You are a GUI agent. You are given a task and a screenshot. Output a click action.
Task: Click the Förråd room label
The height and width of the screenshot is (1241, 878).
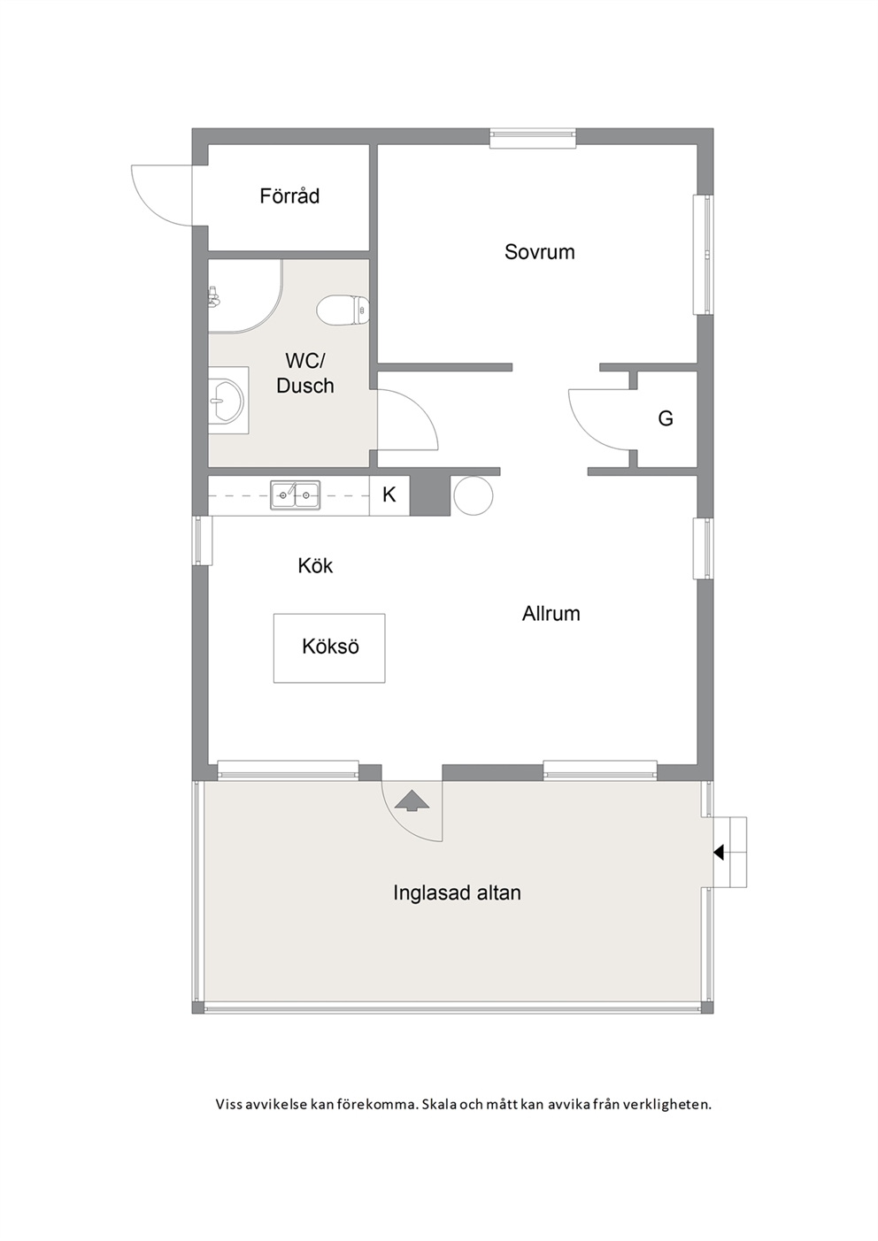(x=289, y=196)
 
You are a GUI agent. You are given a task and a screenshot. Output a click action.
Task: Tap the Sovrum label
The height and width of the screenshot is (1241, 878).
(x=539, y=252)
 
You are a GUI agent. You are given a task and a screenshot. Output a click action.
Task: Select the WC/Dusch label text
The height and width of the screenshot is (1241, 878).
(x=304, y=373)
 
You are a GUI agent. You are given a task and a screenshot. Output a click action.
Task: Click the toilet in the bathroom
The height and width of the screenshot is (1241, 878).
(x=343, y=309)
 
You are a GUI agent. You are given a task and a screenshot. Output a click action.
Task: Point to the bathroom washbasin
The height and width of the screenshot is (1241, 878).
(x=227, y=400)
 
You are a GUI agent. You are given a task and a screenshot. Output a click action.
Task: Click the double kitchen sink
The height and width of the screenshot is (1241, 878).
(x=295, y=494)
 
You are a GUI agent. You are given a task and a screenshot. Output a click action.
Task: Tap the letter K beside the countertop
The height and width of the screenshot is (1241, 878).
(x=389, y=494)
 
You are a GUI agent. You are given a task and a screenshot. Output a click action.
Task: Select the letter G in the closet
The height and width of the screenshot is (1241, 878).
(x=666, y=418)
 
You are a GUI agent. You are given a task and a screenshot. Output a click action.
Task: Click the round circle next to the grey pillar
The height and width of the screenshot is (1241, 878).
(x=473, y=496)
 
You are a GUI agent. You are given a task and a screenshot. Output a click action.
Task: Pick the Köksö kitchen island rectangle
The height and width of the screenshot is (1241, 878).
(x=329, y=647)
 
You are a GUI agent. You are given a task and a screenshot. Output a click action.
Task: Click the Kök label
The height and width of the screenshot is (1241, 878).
(x=315, y=565)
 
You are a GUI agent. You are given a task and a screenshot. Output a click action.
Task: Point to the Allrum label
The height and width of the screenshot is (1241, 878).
(x=551, y=614)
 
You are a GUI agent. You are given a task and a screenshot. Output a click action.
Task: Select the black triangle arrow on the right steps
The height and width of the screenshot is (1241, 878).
(x=719, y=852)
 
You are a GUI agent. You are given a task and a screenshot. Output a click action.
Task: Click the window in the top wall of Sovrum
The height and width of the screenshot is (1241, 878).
(x=533, y=139)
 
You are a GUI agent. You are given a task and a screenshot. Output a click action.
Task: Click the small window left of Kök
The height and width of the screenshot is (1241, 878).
(x=202, y=540)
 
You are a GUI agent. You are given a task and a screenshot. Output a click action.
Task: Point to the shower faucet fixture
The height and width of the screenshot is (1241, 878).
(x=213, y=297)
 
